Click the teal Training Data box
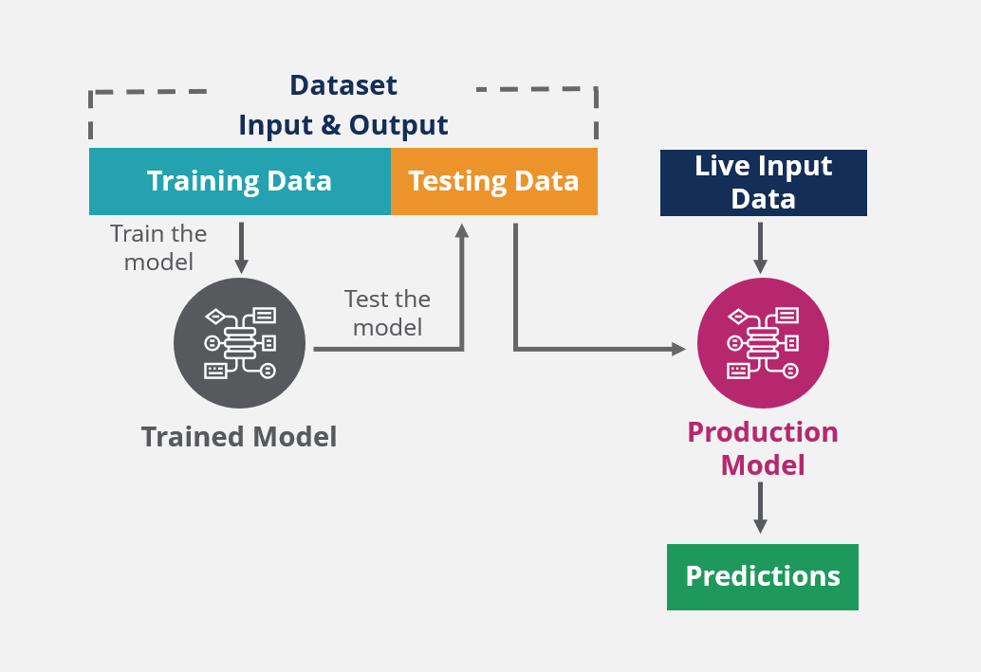pos(239,181)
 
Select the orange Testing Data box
pos(493,181)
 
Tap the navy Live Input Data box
pos(763,182)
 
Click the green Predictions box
pos(762,576)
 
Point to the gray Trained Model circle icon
pos(239,342)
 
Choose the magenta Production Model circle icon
pos(763,342)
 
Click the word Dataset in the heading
pos(343,85)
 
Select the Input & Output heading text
pos(343,125)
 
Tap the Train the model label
pos(158,247)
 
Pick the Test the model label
pos(387,313)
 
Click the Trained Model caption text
pos(239,437)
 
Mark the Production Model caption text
pos(763,448)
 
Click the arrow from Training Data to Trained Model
pos(241,247)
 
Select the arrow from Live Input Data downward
pos(760,247)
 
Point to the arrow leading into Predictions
pos(760,508)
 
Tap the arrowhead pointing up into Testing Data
pos(462,230)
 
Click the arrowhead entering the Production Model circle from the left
pos(678,350)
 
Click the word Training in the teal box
pos(203,181)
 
